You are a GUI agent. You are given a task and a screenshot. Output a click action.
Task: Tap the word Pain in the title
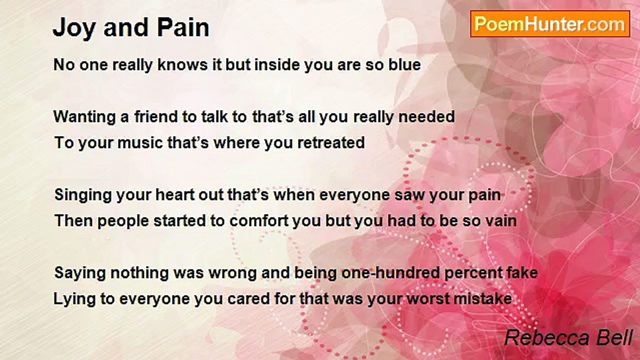tap(183, 27)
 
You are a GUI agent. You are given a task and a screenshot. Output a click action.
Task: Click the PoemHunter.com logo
tap(550, 24)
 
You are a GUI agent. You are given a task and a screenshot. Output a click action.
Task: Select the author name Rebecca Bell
tap(568, 338)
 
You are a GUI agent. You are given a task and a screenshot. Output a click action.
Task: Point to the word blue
tap(404, 64)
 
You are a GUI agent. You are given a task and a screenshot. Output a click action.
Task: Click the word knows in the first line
tap(182, 64)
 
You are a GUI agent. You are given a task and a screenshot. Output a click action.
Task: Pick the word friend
tap(156, 116)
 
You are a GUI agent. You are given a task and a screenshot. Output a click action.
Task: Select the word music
tap(140, 142)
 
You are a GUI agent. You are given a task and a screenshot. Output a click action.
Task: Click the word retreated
tap(331, 142)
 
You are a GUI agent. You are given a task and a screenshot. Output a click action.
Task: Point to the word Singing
tap(83, 195)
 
